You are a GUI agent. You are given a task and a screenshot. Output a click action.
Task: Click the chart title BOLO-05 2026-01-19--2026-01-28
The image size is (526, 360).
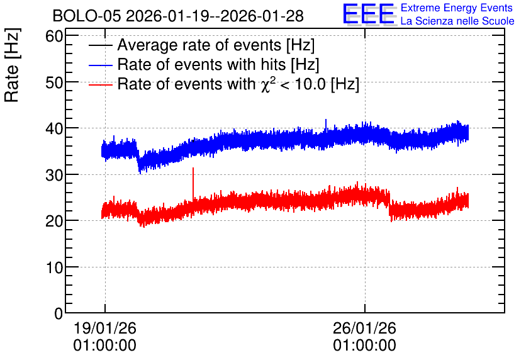pyautogui.click(x=178, y=16)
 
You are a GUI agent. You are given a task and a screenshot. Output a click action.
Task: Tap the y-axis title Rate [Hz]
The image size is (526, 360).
pyautogui.click(x=12, y=65)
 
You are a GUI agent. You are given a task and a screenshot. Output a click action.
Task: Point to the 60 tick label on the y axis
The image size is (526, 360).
pyautogui.click(x=54, y=36)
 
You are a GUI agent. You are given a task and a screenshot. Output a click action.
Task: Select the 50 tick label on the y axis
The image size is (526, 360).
pyautogui.click(x=54, y=82)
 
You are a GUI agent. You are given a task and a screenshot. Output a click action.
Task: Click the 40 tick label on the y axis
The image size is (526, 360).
pyautogui.click(x=54, y=128)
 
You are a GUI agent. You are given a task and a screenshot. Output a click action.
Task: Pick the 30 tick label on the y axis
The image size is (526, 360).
pyautogui.click(x=54, y=175)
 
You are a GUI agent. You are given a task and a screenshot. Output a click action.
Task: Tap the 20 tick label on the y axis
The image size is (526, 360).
pyautogui.click(x=54, y=221)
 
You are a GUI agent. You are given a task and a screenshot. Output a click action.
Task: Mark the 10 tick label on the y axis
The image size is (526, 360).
pyautogui.click(x=54, y=267)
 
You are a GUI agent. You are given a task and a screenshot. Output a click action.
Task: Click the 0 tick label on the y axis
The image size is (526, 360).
pyautogui.click(x=59, y=313)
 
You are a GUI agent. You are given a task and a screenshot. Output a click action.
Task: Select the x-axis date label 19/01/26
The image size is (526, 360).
pyautogui.click(x=104, y=328)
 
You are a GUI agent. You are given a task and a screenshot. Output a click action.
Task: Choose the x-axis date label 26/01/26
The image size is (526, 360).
pyautogui.click(x=365, y=328)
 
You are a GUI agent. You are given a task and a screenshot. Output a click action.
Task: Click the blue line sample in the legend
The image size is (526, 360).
pyautogui.click(x=100, y=65)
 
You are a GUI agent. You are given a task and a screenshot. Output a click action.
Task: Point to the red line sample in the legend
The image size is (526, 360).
pyautogui.click(x=100, y=85)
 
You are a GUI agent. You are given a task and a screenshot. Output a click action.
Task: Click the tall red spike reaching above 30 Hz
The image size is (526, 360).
pyautogui.click(x=193, y=184)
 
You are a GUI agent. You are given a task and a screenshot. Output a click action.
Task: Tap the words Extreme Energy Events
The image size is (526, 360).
pyautogui.click(x=457, y=8)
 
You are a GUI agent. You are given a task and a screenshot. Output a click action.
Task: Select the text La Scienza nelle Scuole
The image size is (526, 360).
pyautogui.click(x=457, y=21)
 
